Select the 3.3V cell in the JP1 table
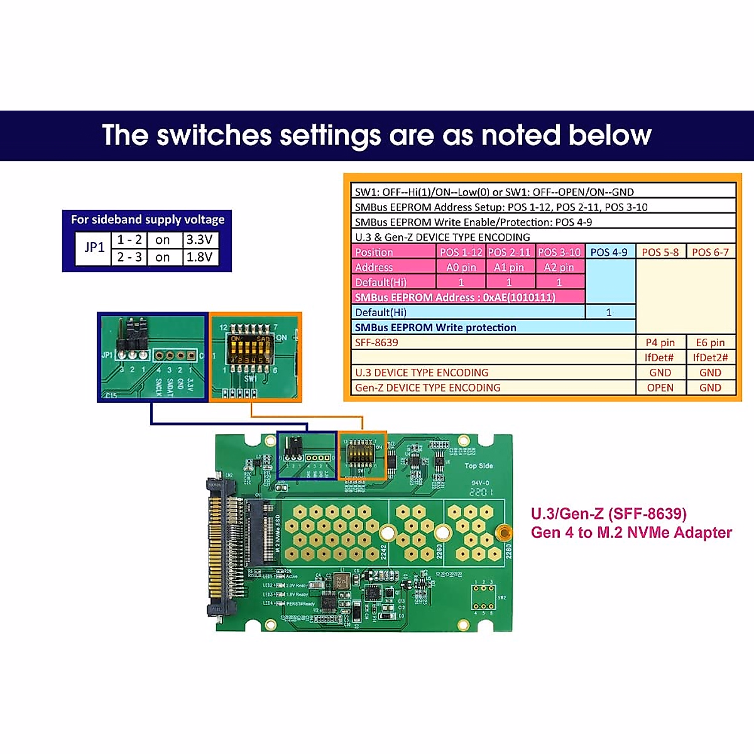[x=200, y=239]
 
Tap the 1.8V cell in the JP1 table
[x=200, y=257]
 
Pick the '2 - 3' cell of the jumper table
[x=129, y=257]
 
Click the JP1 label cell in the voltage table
[x=94, y=248]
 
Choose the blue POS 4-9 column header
[x=609, y=252]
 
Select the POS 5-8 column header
[x=660, y=252]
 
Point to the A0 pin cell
[x=461, y=267]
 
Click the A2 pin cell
[x=559, y=267]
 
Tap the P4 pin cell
[x=660, y=342]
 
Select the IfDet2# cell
[x=710, y=358]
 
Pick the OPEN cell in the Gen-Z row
[x=660, y=388]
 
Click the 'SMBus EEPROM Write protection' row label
[x=435, y=327]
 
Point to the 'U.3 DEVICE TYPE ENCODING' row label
[x=422, y=373]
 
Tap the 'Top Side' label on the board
[x=479, y=466]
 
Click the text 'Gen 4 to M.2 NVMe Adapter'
[x=631, y=533]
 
